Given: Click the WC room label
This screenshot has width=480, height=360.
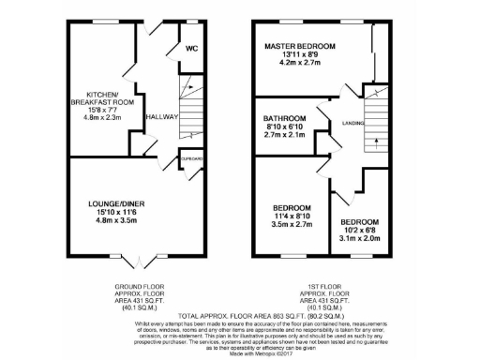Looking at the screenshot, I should click(191, 49).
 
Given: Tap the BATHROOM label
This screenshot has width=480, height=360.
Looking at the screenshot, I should click(284, 118).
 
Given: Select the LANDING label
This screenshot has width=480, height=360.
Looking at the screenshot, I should click(353, 123).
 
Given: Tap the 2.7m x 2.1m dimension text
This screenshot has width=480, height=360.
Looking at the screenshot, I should click(284, 137).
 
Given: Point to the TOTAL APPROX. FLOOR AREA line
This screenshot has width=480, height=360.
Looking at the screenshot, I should click(239, 313).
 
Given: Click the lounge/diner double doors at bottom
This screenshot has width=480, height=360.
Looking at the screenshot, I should click(137, 255).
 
